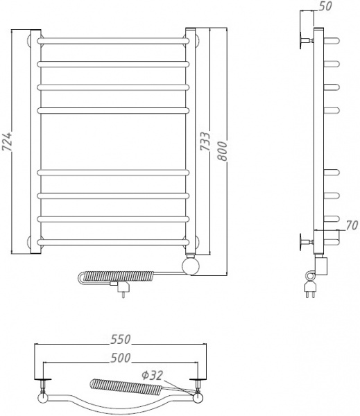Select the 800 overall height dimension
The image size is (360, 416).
[223, 150]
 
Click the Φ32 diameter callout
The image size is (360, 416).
[153, 374]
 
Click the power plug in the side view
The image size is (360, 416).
[310, 284]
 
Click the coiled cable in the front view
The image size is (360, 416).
[132, 275]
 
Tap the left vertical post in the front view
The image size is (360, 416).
[36, 139]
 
